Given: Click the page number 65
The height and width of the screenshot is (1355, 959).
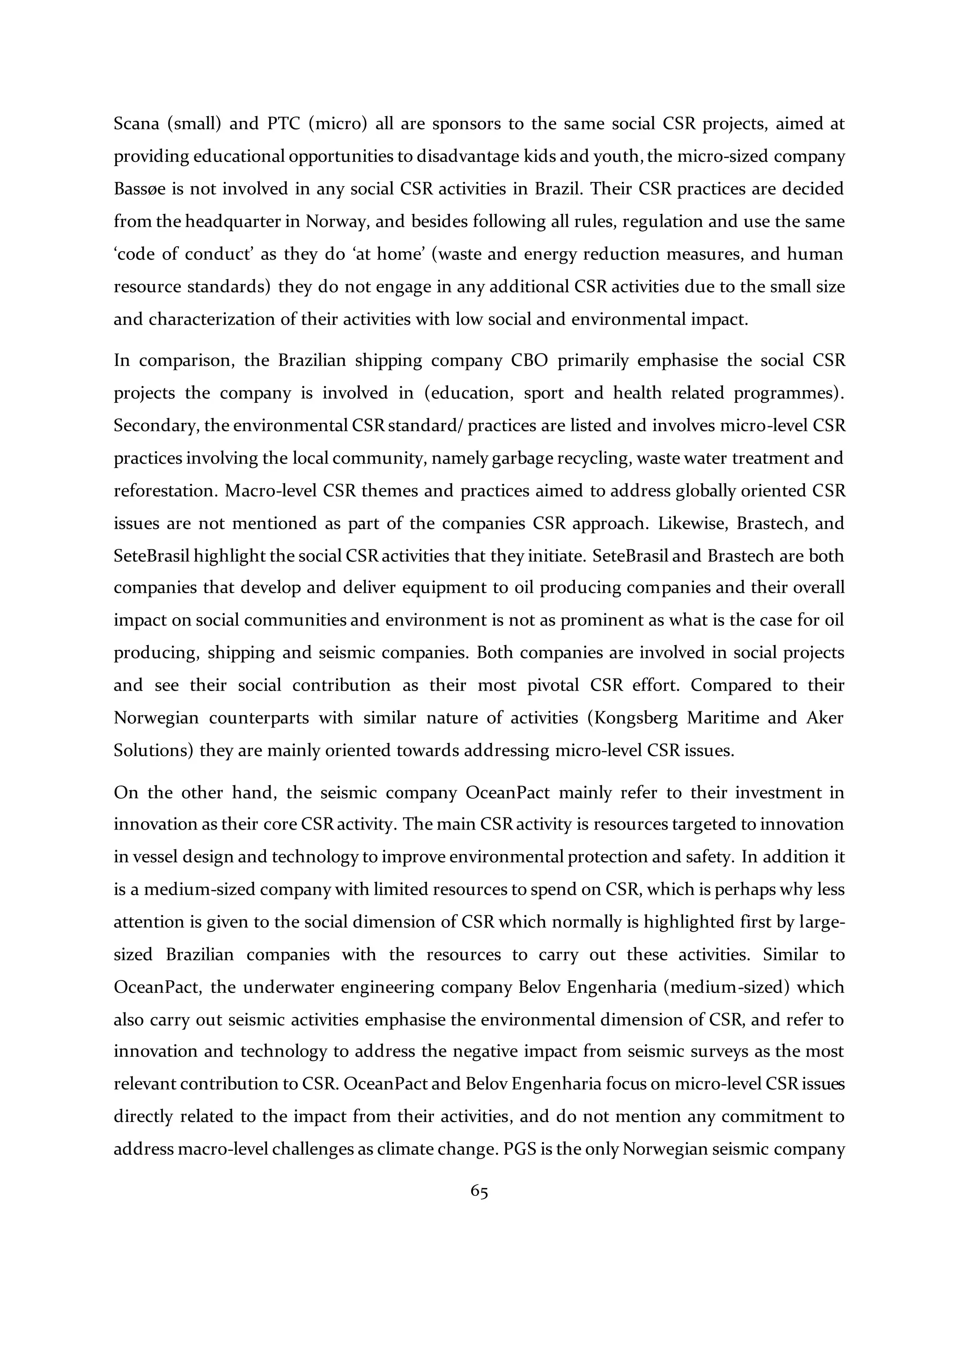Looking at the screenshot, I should (x=479, y=1192).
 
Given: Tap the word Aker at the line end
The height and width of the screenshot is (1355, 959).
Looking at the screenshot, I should (x=825, y=718).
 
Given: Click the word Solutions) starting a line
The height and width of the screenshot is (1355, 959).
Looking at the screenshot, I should (x=151, y=750).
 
